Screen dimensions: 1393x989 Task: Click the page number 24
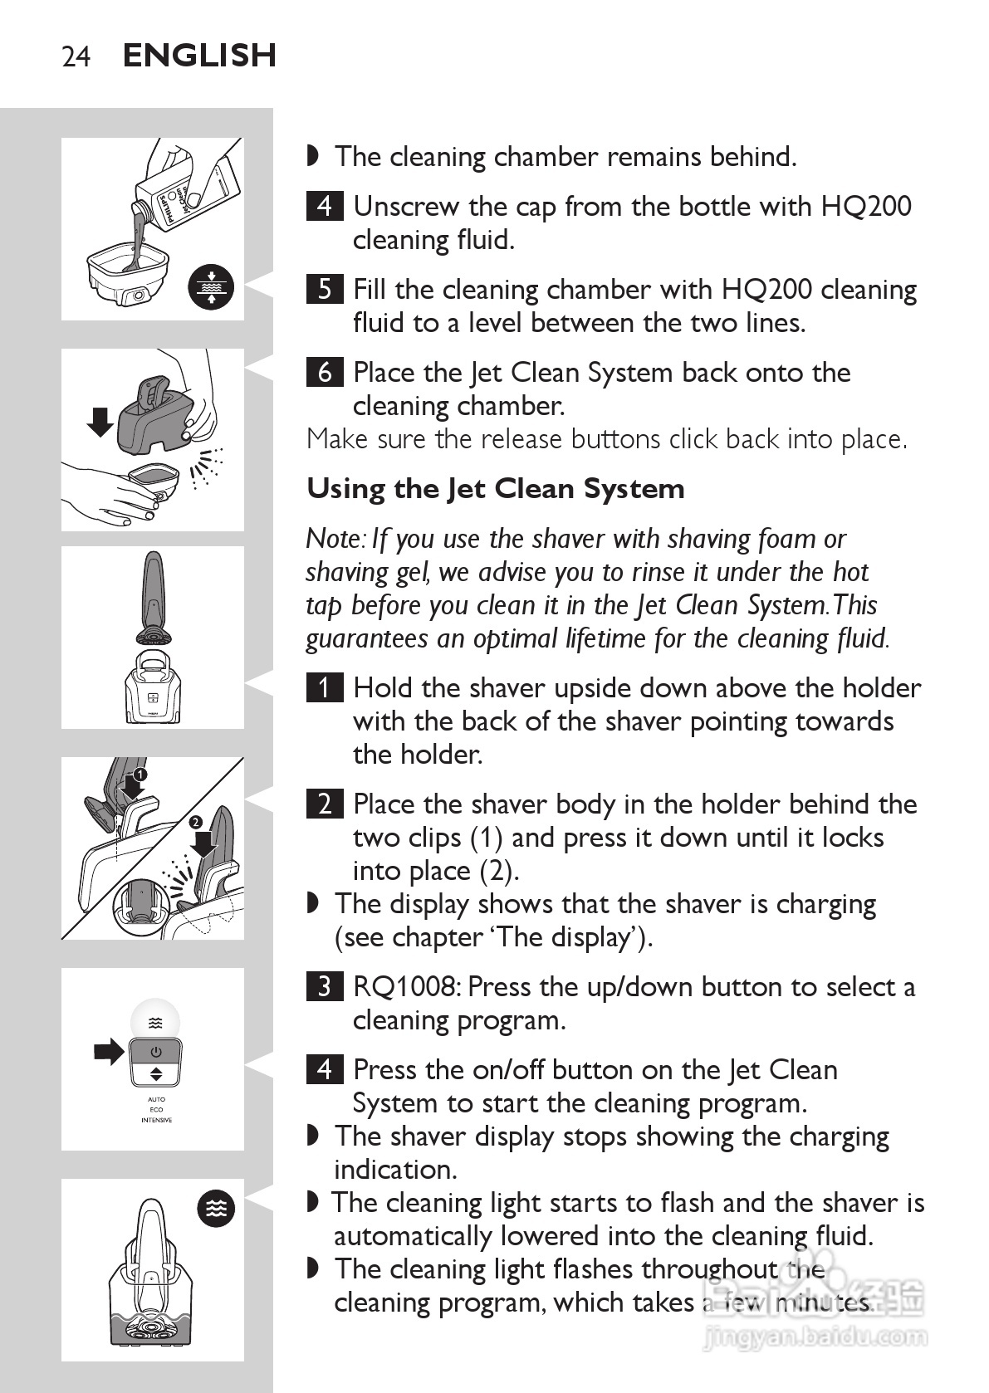pyautogui.click(x=76, y=56)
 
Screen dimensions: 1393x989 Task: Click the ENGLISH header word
pyautogui.click(x=199, y=56)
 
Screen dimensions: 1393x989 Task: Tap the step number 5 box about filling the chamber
pyautogui.click(x=324, y=289)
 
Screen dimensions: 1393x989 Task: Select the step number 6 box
pyautogui.click(x=324, y=372)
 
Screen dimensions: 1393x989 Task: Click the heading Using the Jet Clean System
pyautogui.click(x=496, y=489)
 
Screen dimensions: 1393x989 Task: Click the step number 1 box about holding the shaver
pyautogui.click(x=324, y=688)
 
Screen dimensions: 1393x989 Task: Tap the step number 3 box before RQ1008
pyautogui.click(x=324, y=986)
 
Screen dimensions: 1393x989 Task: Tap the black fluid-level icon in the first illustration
pyautogui.click(x=211, y=287)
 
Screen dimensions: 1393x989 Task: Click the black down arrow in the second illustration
pyautogui.click(x=101, y=422)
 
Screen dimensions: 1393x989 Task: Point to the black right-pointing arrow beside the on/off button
pyautogui.click(x=108, y=1053)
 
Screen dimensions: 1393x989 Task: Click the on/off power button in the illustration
pyautogui.click(x=156, y=1052)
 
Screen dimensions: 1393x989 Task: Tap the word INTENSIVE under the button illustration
pyautogui.click(x=156, y=1120)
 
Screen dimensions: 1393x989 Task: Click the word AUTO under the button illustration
pyautogui.click(x=156, y=1099)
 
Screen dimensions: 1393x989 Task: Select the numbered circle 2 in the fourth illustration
pyautogui.click(x=195, y=822)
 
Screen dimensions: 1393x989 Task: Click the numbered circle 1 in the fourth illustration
pyautogui.click(x=140, y=774)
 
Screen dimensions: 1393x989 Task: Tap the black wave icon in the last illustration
pyautogui.click(x=215, y=1209)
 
